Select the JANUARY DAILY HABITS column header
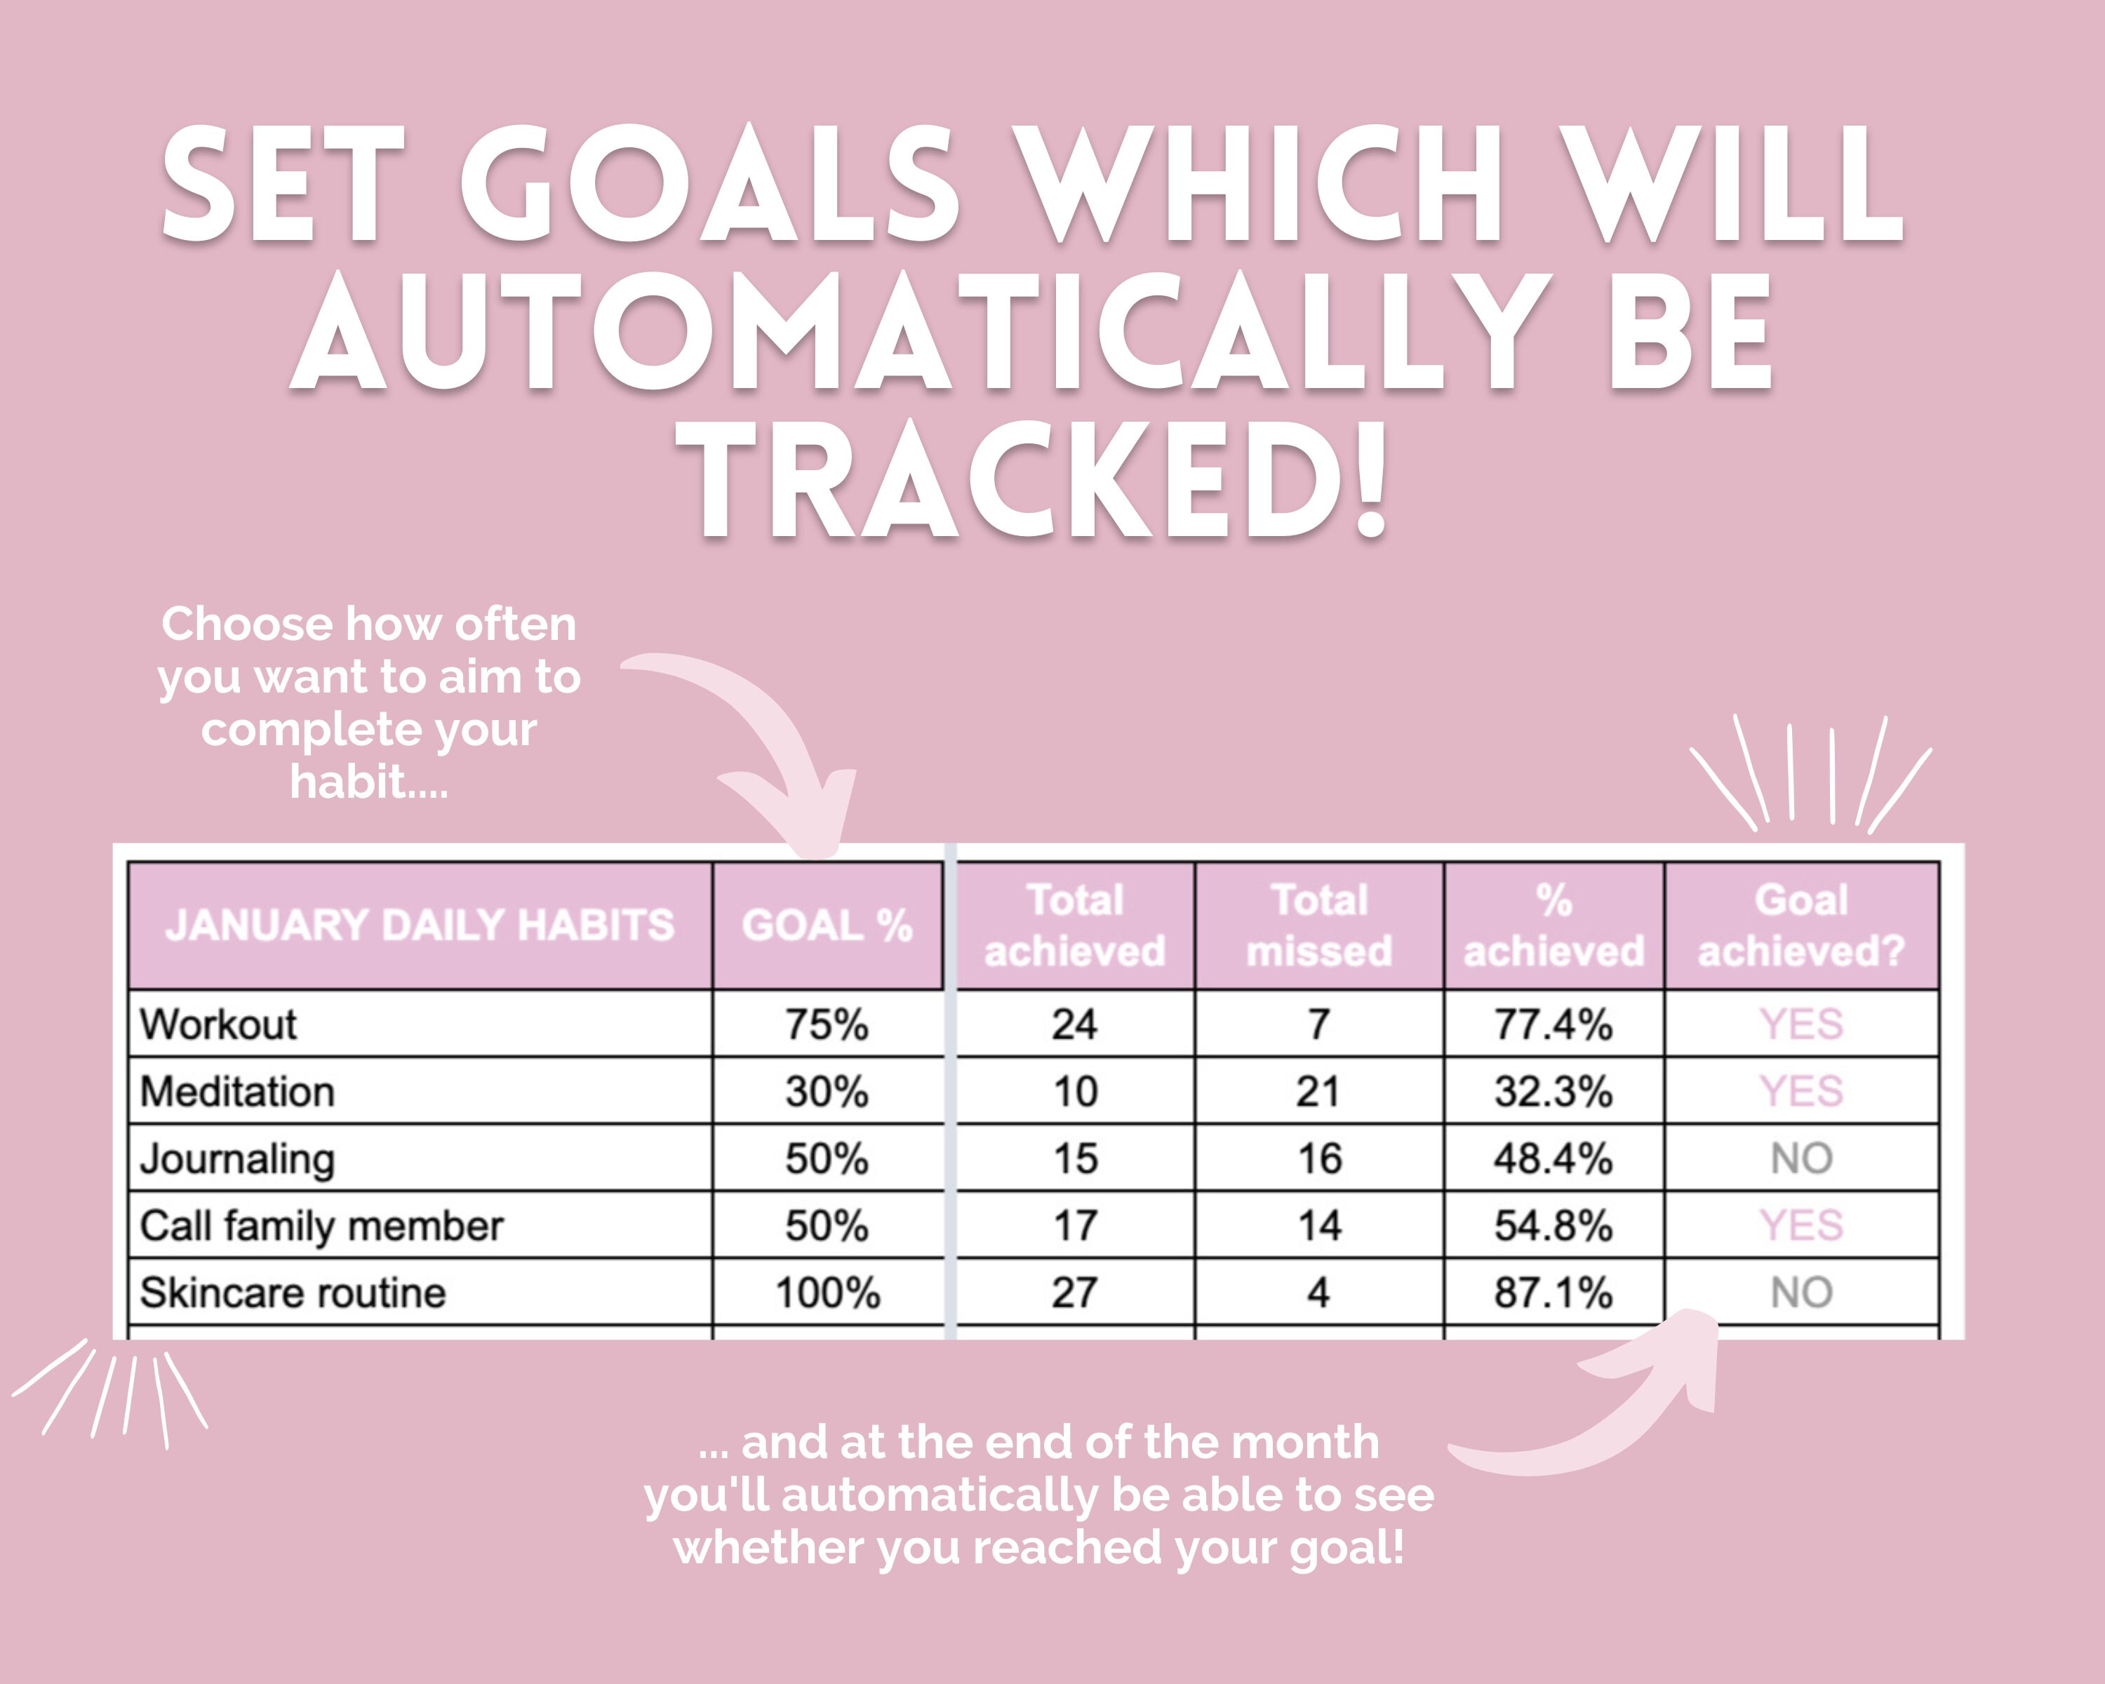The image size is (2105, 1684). point(420,925)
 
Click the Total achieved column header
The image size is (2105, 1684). point(1075,925)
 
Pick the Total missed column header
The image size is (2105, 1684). point(1319,925)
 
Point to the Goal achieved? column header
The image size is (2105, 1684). point(1801,925)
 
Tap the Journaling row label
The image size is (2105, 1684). point(237,1158)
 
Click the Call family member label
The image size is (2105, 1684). point(321,1226)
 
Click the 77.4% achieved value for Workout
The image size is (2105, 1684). point(1553,1024)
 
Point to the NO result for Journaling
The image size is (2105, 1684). point(1801,1158)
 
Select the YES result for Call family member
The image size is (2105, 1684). point(1801,1226)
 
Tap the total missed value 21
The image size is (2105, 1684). point(1319,1091)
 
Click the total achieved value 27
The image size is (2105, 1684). point(1075,1293)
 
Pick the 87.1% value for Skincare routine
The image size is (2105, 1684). point(1553,1293)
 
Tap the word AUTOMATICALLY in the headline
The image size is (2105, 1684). point(918,332)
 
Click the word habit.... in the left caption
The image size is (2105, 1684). point(369,782)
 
